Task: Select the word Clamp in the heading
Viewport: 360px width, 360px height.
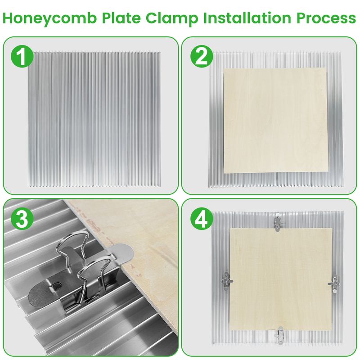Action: point(172,18)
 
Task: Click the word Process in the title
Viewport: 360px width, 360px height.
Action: point(326,18)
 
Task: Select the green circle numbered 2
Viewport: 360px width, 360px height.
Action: point(201,57)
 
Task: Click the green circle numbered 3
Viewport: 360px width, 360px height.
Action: point(22,219)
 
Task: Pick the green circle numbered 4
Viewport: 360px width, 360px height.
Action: point(201,219)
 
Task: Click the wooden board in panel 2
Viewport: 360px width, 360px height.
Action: point(276,121)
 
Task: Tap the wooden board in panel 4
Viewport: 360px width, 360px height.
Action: point(281,279)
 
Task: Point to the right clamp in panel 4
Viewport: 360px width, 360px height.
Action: point(335,282)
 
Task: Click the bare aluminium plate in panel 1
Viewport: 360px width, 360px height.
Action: point(94,119)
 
